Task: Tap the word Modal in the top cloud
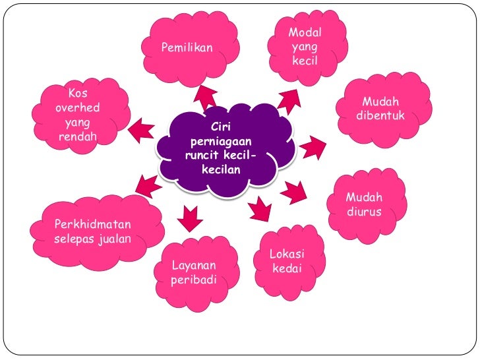point(305,33)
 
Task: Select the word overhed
point(77,108)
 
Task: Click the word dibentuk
point(380,116)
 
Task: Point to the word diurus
point(364,212)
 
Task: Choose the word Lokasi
point(287,255)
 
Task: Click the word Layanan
point(193,266)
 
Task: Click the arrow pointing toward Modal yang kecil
point(288,101)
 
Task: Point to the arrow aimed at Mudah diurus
point(294,192)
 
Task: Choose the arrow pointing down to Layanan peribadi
point(191,218)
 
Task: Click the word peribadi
point(194,280)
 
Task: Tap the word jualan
point(113,238)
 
